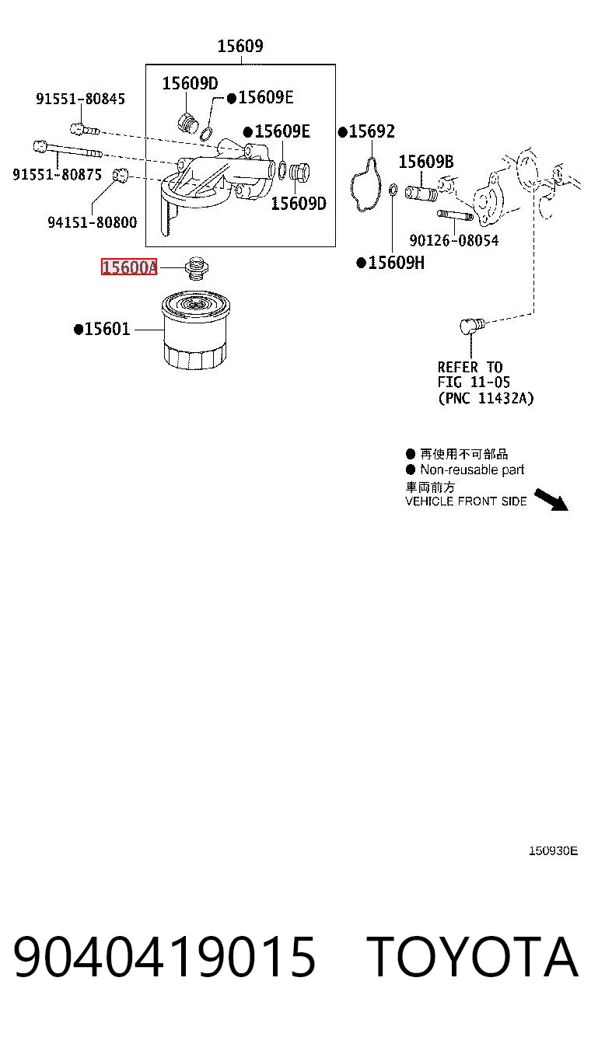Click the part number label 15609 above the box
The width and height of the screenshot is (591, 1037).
(240, 46)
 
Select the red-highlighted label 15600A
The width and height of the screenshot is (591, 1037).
(129, 267)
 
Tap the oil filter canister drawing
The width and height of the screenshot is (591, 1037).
(195, 330)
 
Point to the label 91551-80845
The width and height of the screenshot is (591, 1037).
(81, 99)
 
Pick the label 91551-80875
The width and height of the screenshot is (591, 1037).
(57, 175)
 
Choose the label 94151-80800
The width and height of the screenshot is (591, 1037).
(93, 222)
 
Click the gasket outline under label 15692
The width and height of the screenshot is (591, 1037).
(366, 184)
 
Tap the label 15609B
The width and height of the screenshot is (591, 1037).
(426, 162)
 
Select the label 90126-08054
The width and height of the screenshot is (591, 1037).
(454, 240)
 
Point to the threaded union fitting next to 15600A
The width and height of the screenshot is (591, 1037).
(197, 268)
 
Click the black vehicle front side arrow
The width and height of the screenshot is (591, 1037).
(551, 500)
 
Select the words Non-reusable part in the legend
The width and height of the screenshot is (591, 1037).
(472, 470)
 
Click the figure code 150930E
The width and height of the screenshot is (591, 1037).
(553, 850)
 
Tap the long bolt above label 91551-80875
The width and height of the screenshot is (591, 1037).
(68, 149)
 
